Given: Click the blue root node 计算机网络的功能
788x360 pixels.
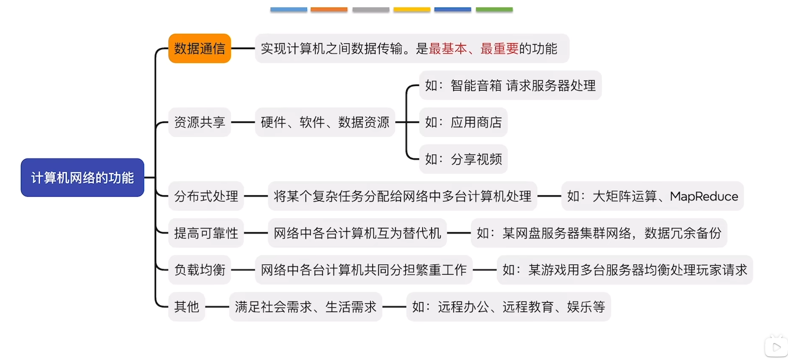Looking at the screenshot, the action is [82, 177].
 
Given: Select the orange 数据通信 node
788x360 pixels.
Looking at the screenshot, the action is [199, 48].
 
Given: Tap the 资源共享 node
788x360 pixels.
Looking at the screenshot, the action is [199, 122].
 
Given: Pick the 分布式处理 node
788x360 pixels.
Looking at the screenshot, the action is [206, 196].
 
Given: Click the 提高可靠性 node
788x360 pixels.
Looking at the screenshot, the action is [206, 233].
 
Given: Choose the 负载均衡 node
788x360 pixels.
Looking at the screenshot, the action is [199, 270].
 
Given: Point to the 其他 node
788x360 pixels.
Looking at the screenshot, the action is [187, 307].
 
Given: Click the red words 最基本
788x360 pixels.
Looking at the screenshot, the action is [448, 48].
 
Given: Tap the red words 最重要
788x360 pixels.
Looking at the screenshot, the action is [499, 48].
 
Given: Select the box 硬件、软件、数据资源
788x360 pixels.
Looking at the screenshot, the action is [325, 122].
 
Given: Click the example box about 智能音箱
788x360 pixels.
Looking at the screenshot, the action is [510, 85].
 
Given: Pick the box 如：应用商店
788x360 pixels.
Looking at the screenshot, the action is [463, 122].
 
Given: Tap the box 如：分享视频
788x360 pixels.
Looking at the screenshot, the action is [463, 159].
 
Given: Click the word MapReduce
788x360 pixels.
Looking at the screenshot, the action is [704, 197].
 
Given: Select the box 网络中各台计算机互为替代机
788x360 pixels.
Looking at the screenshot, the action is [357, 233].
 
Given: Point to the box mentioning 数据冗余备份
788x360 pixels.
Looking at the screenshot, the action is [599, 233].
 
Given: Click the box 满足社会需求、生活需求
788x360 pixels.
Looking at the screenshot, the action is [306, 307].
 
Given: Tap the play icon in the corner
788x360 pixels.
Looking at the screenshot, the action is [777, 347].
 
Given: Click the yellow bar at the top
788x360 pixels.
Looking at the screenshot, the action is [412, 9].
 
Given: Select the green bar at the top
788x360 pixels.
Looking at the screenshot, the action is [494, 9].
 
